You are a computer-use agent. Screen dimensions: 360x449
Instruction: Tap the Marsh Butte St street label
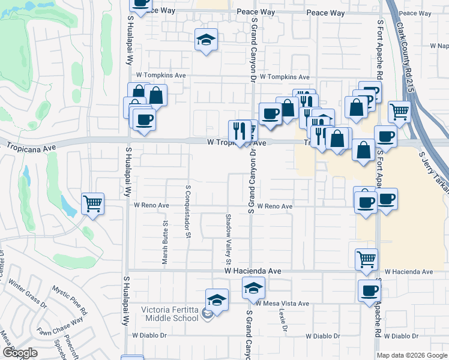(x=164, y=241)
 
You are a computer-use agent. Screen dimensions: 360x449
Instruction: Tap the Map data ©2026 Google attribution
(x=412, y=355)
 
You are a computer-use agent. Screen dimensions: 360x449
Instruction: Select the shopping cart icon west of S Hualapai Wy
(x=92, y=203)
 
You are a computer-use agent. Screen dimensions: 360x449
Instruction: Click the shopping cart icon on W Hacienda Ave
(x=366, y=259)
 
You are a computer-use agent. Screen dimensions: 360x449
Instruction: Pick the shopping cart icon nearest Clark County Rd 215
(x=399, y=111)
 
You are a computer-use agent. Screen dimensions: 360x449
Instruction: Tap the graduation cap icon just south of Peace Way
(x=206, y=40)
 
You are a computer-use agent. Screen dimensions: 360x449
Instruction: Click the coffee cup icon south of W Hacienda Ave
(x=369, y=291)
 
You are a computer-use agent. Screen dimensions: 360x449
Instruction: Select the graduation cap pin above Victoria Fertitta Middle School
(x=217, y=299)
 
